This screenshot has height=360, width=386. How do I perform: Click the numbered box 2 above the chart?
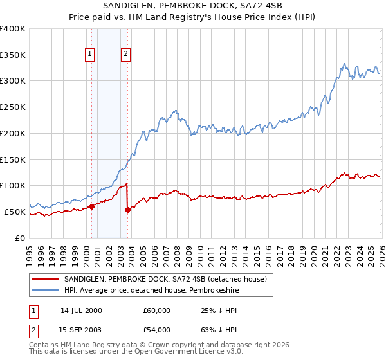pos(125,54)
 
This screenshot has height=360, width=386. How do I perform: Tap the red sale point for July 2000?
pos(91,206)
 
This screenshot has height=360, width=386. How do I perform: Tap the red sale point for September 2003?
pos(127,210)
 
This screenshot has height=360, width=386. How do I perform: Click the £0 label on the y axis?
pos(20,238)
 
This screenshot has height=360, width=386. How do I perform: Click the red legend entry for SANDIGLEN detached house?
pos(169,279)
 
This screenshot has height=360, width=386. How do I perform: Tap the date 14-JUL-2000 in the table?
pos(81,310)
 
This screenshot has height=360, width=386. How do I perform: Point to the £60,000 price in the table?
pos(157,310)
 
